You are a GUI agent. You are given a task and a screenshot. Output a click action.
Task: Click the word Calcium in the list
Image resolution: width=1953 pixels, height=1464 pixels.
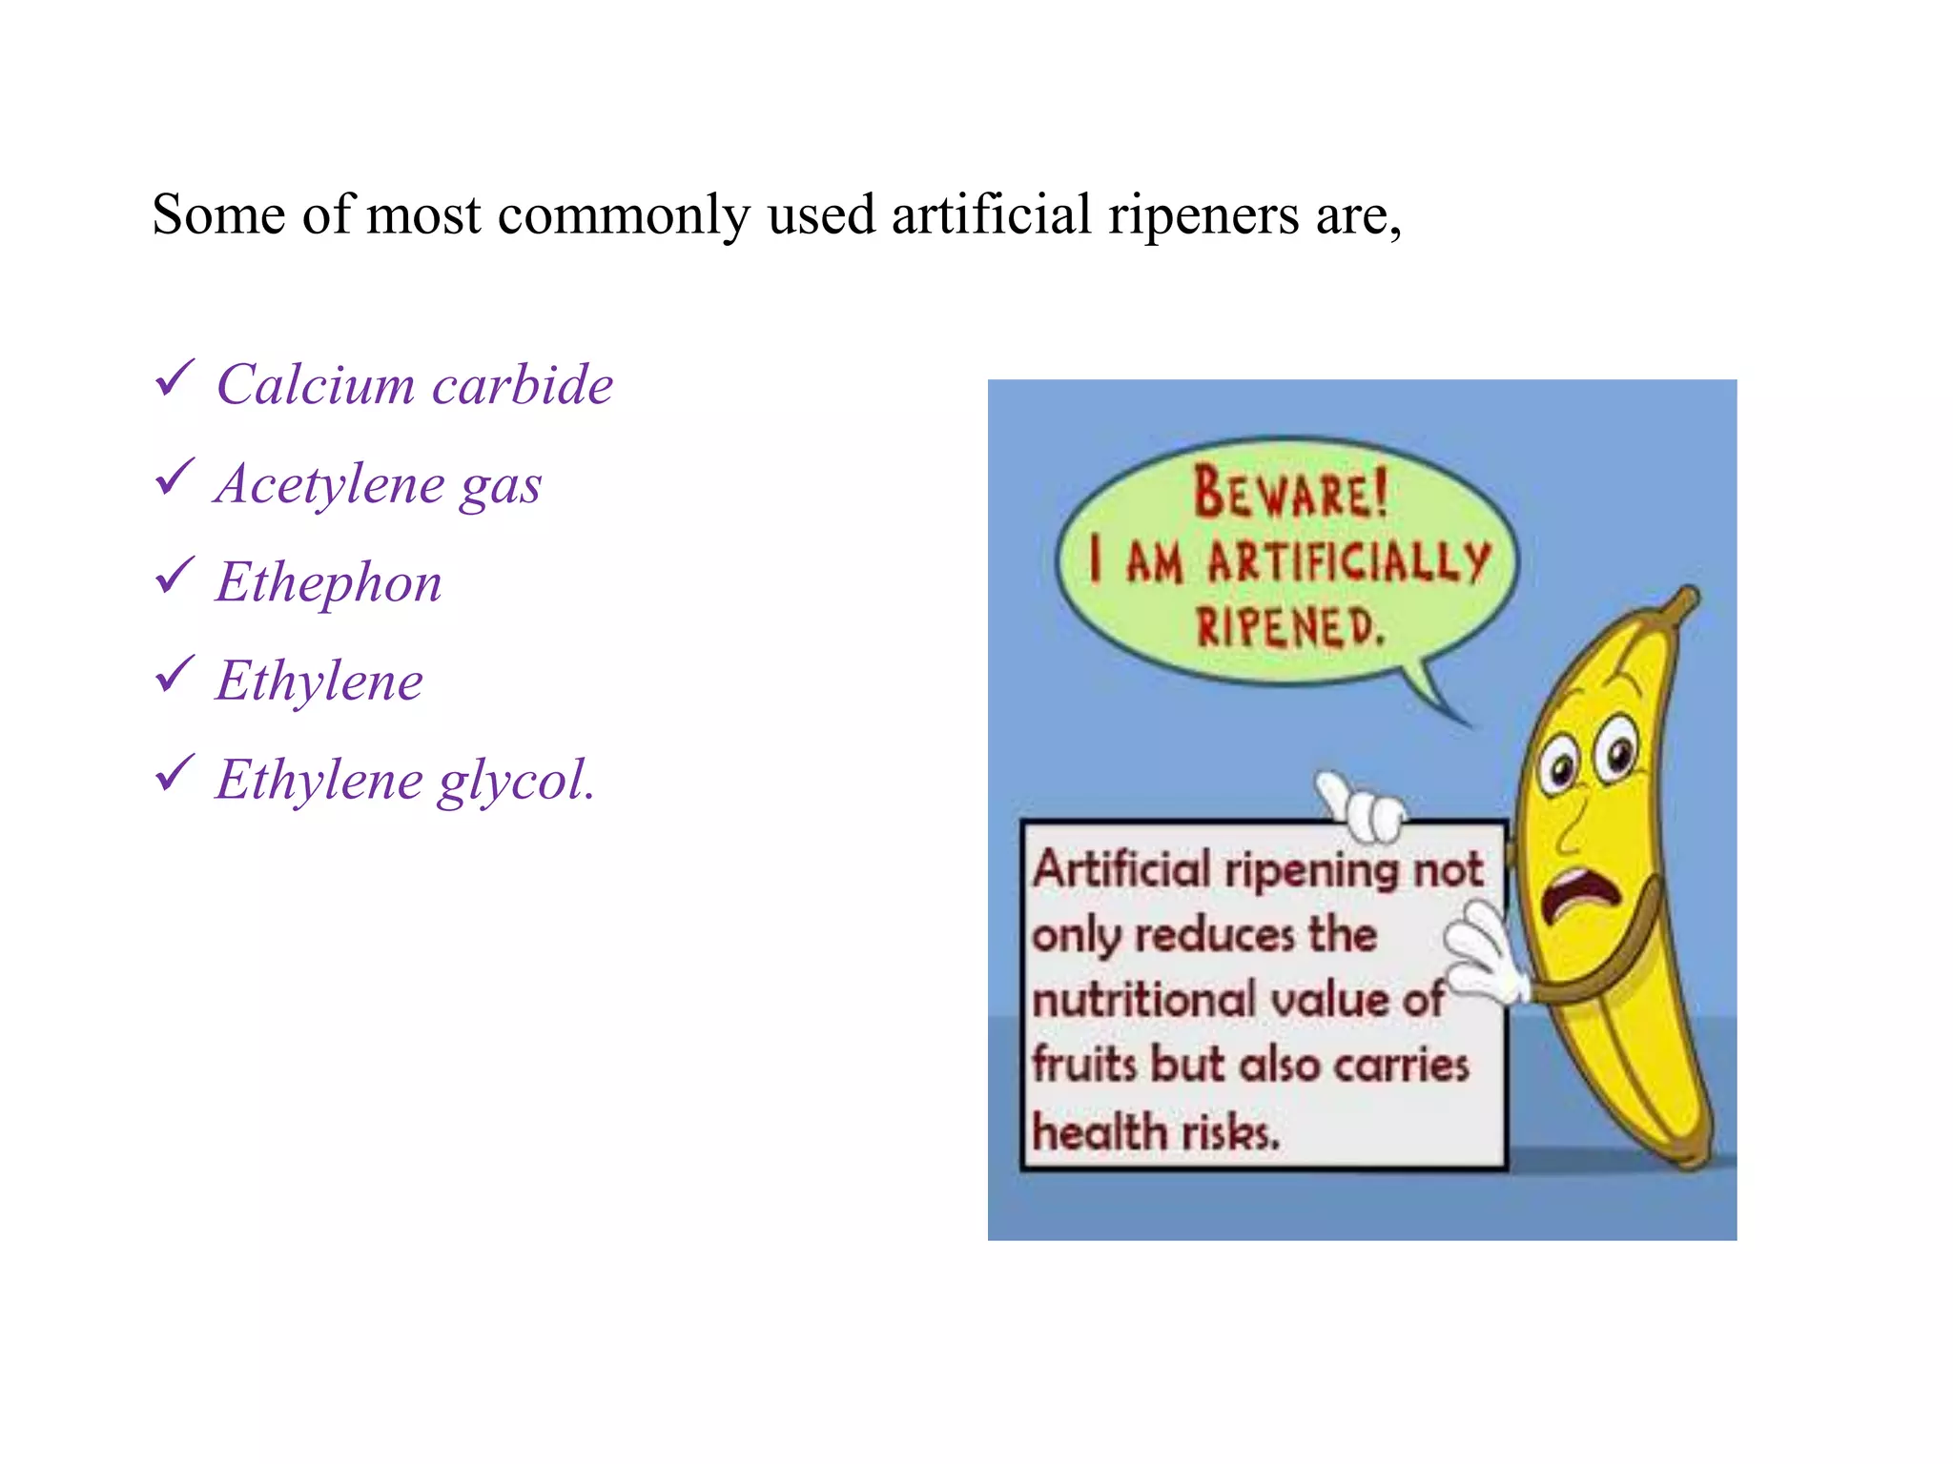[316, 384]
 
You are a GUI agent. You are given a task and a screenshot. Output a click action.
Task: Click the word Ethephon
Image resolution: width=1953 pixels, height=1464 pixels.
[328, 582]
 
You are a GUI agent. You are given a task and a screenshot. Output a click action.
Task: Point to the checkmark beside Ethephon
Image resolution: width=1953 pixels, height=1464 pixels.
[175, 575]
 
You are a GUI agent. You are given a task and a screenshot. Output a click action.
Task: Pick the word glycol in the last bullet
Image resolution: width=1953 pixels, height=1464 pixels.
[515, 781]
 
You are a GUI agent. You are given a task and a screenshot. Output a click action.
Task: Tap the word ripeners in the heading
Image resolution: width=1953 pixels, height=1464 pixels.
[1203, 215]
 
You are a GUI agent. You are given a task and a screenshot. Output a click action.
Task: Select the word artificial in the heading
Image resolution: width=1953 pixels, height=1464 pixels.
[991, 213]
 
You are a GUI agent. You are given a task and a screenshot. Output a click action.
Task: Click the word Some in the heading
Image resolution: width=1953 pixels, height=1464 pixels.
[218, 213]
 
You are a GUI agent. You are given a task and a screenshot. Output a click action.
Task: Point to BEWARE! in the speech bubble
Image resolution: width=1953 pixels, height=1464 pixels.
[1289, 492]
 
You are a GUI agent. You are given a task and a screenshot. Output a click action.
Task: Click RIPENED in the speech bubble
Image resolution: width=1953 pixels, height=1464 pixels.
[1288, 626]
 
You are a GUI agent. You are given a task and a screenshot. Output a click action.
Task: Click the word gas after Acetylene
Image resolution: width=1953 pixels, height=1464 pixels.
[501, 485]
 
